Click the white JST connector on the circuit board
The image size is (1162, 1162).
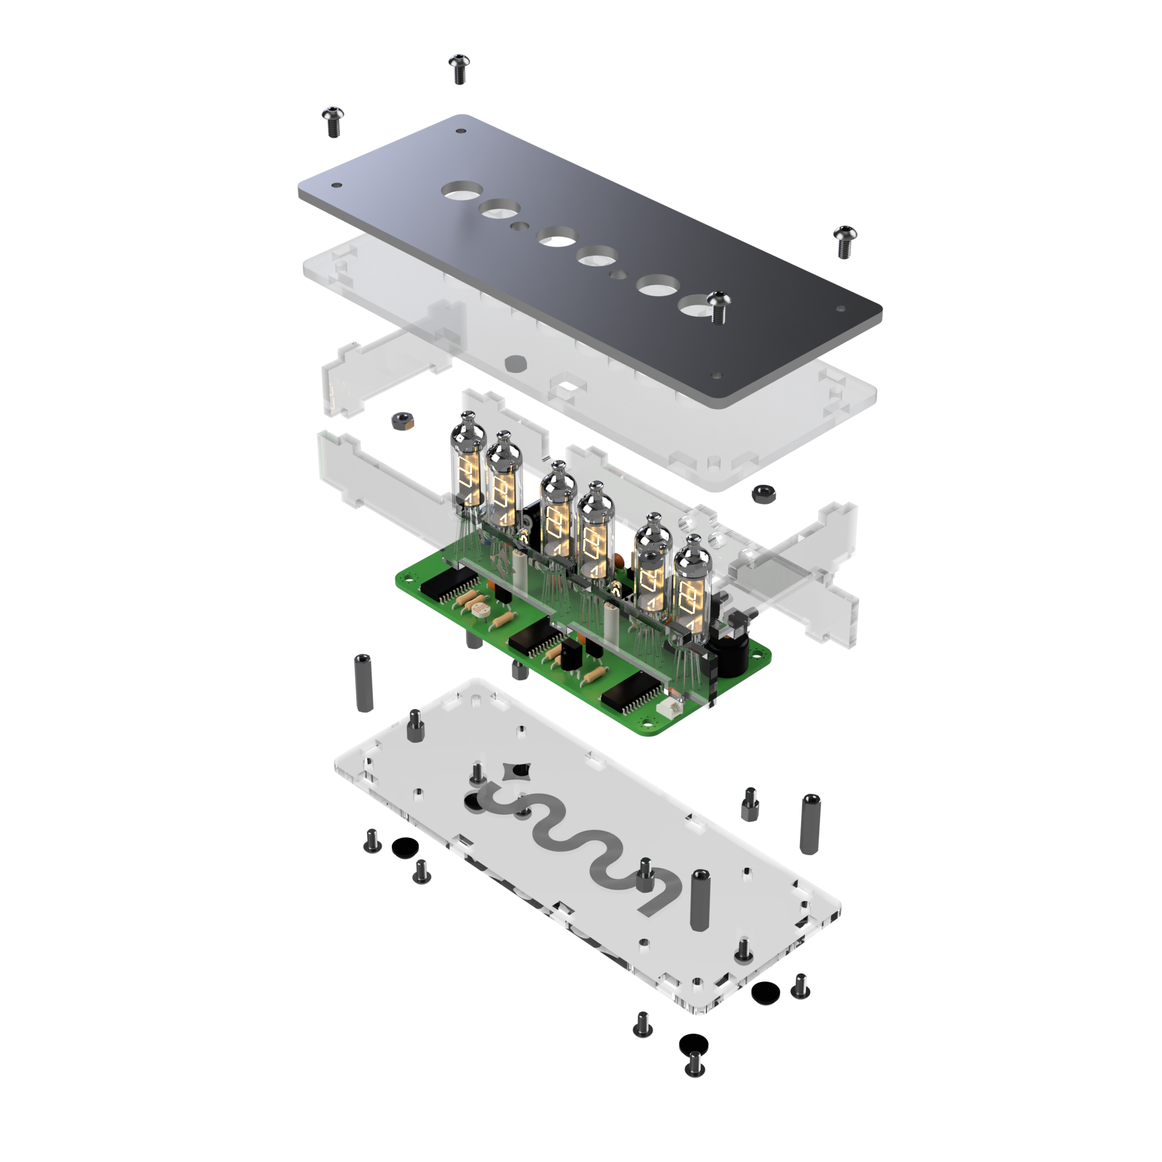point(670,710)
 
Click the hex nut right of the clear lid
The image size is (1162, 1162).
point(763,494)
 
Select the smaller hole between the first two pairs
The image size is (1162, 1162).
point(520,226)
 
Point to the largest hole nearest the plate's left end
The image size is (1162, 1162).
point(462,190)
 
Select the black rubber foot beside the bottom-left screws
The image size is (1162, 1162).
point(403,848)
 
